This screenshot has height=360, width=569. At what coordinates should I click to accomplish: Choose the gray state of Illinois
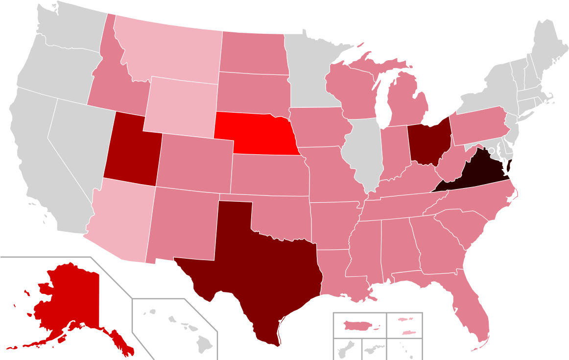tap(363, 152)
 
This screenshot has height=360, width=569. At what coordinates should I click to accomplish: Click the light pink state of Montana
tap(171, 54)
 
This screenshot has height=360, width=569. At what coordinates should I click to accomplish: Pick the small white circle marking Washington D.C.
tap(491, 150)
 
